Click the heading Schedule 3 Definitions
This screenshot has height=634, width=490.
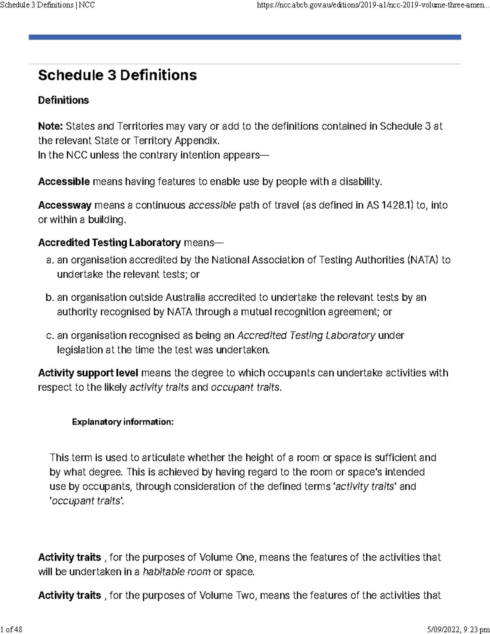117,75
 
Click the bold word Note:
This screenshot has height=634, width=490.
50,126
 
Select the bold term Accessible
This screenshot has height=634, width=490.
64,182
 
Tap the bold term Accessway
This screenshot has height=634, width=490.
65,205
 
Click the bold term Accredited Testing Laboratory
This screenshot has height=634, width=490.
109,242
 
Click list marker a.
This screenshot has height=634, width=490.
49,260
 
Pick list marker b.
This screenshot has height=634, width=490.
49,298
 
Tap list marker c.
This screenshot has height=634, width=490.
49,336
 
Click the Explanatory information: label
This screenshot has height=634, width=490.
122,422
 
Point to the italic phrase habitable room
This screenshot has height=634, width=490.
176,572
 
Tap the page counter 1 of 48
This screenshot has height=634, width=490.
11,629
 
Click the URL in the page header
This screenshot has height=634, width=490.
373,5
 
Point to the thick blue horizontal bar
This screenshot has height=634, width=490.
245,37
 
